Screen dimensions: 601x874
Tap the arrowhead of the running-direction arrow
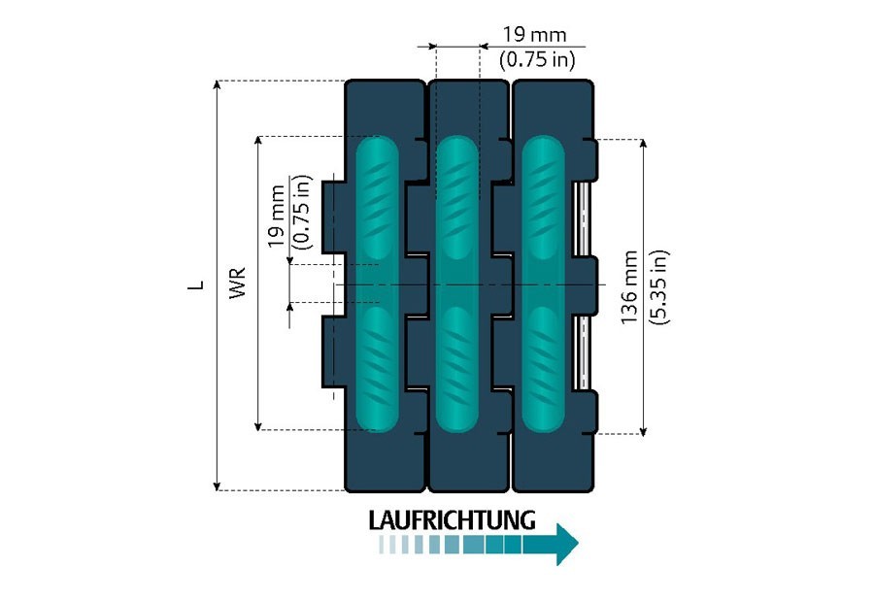click(x=565, y=544)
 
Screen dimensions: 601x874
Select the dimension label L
click(x=197, y=285)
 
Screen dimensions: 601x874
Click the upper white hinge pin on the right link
click(x=584, y=219)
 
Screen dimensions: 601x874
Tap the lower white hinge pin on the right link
click(x=584, y=351)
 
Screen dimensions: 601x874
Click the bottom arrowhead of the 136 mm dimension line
click(x=643, y=428)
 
